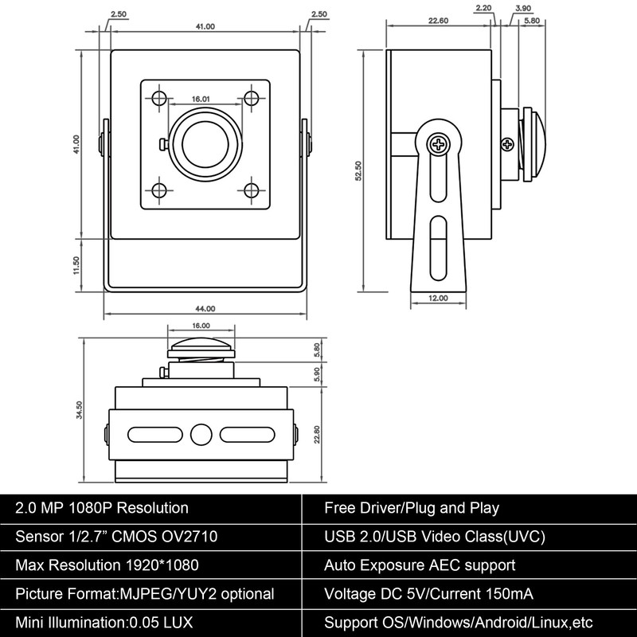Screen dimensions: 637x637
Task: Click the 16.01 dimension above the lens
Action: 200,100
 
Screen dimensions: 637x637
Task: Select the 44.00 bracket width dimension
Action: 205,308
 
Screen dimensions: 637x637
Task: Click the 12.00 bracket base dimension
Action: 437,298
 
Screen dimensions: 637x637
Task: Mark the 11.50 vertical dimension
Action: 77,264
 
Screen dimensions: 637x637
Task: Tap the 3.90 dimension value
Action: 523,8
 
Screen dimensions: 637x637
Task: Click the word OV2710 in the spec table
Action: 186,537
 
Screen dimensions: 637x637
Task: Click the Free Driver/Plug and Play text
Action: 411,508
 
